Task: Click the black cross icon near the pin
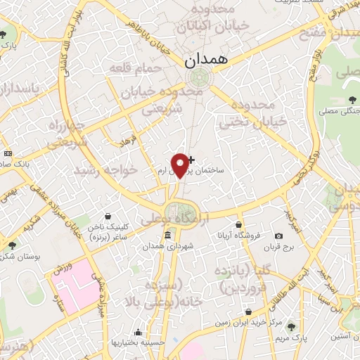point(191,160)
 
